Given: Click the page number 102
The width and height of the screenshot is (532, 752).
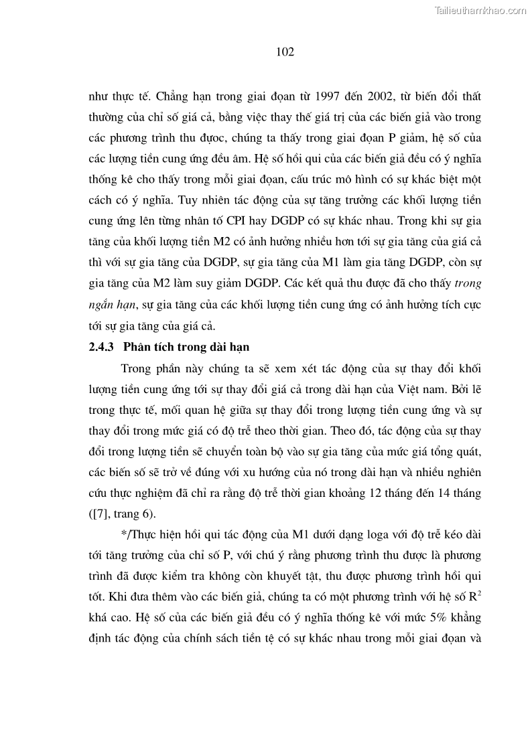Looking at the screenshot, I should click(x=285, y=52).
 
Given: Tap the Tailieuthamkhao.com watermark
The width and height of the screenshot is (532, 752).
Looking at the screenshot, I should click(x=481, y=10).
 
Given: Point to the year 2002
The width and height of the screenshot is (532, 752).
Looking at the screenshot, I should click(x=384, y=97).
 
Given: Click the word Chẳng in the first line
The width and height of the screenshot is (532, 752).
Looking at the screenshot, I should click(x=166, y=97).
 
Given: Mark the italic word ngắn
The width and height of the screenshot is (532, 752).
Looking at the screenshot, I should click(x=103, y=303).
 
